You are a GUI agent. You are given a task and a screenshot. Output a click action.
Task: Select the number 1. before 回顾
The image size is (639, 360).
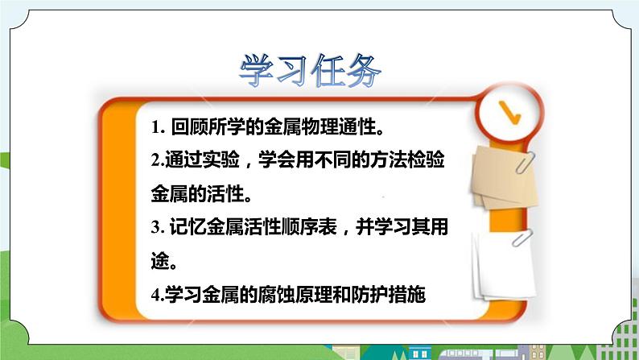pos(157,128)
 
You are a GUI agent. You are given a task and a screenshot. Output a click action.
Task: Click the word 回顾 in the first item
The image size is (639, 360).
pos(188,127)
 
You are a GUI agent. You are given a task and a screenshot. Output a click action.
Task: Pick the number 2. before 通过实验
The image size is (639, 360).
pos(157,161)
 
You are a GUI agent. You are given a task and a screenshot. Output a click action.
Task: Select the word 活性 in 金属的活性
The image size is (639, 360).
pos(230,194)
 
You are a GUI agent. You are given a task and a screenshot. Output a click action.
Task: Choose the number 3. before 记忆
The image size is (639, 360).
pos(157,228)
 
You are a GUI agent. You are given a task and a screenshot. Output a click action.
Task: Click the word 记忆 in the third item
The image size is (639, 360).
pos(188,228)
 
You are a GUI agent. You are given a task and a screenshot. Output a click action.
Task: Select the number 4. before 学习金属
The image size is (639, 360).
pos(157,295)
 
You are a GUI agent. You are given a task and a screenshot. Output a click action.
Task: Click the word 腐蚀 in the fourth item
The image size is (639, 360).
pos(298,295)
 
